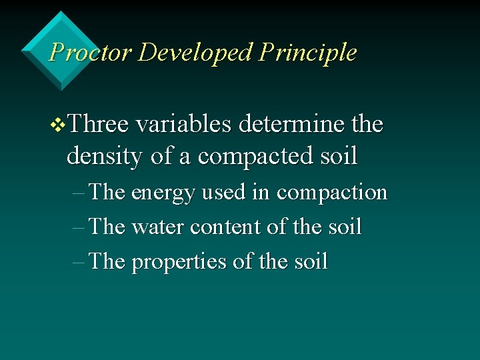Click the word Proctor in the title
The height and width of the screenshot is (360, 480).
[x=91, y=52]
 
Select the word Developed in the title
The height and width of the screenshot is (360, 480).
[x=195, y=52]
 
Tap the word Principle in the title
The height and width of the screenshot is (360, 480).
[x=308, y=52]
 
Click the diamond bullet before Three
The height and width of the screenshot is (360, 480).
[x=59, y=125]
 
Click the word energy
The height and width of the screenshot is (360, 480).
[x=163, y=193]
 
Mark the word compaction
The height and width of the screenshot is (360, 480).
[x=331, y=193]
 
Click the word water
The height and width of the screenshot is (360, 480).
[x=158, y=227]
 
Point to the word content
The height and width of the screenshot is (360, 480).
[x=225, y=227]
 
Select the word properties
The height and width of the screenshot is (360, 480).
[x=179, y=262]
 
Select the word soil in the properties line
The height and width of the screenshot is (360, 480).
[x=310, y=262]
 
